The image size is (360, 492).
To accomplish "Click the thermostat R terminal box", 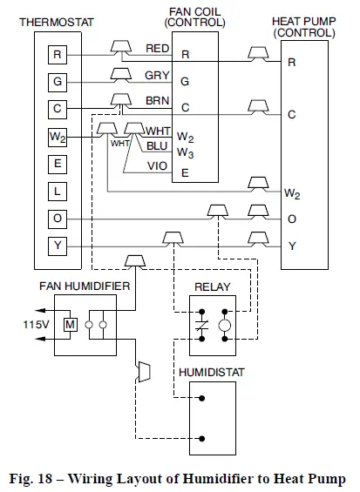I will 58,55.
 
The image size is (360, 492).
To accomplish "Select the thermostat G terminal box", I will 58,83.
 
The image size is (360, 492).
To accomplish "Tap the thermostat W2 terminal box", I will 58,137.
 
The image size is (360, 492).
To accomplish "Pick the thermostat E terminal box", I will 58,164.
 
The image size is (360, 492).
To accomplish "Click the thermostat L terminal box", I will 58,191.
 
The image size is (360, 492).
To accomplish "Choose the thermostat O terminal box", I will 58,219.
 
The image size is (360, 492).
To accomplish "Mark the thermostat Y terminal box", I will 58,246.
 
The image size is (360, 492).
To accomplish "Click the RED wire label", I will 158,49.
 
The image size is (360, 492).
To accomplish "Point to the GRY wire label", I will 158,76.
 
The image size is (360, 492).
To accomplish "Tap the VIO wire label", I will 158,166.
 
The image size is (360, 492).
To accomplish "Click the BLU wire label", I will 158,146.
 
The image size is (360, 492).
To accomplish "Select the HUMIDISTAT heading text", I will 213,372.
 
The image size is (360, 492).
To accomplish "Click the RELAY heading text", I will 212,286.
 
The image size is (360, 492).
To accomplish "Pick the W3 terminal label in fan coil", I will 186,152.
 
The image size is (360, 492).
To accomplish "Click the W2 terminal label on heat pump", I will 292,192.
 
